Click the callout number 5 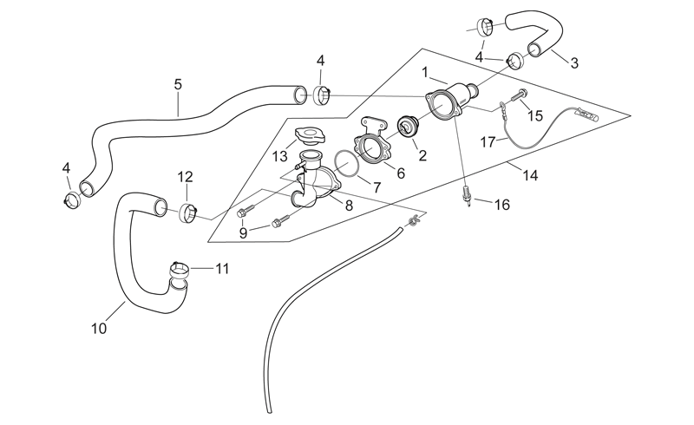(x=178, y=84)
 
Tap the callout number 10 (x=99, y=329)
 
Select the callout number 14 (x=530, y=175)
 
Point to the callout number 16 (x=502, y=205)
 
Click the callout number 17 (x=488, y=142)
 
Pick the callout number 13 (x=279, y=156)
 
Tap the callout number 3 (x=574, y=62)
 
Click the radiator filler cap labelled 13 (x=310, y=135)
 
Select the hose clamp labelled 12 (x=187, y=213)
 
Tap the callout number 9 (x=243, y=232)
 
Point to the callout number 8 (x=349, y=206)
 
